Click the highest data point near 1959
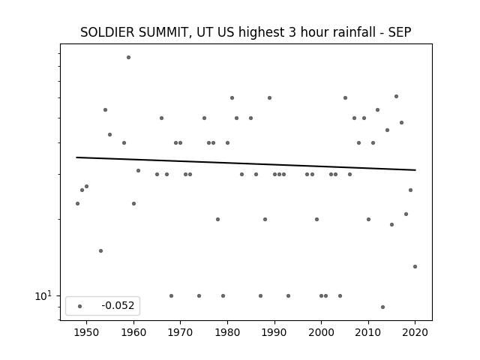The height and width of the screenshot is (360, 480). click(x=128, y=57)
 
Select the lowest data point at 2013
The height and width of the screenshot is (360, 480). click(x=382, y=307)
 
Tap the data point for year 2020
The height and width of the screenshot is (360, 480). click(x=415, y=267)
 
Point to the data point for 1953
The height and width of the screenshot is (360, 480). click(x=100, y=251)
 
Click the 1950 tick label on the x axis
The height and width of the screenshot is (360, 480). click(x=87, y=332)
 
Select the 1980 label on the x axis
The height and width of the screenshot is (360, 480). click(x=227, y=332)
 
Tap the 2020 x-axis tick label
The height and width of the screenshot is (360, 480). click(x=415, y=332)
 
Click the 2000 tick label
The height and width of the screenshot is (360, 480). click(x=321, y=332)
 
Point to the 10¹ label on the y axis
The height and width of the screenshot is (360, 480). click(x=43, y=295)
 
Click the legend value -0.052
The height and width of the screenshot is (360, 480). click(x=118, y=305)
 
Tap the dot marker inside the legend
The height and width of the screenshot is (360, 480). click(x=80, y=306)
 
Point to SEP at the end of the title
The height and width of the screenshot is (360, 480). click(x=400, y=32)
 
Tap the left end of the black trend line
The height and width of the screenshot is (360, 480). click(x=76, y=157)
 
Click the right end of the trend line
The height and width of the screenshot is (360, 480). click(x=415, y=170)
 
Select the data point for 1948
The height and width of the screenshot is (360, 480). click(x=77, y=203)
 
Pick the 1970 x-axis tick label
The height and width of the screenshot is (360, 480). click(x=180, y=332)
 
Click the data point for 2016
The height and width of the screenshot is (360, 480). click(x=397, y=97)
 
